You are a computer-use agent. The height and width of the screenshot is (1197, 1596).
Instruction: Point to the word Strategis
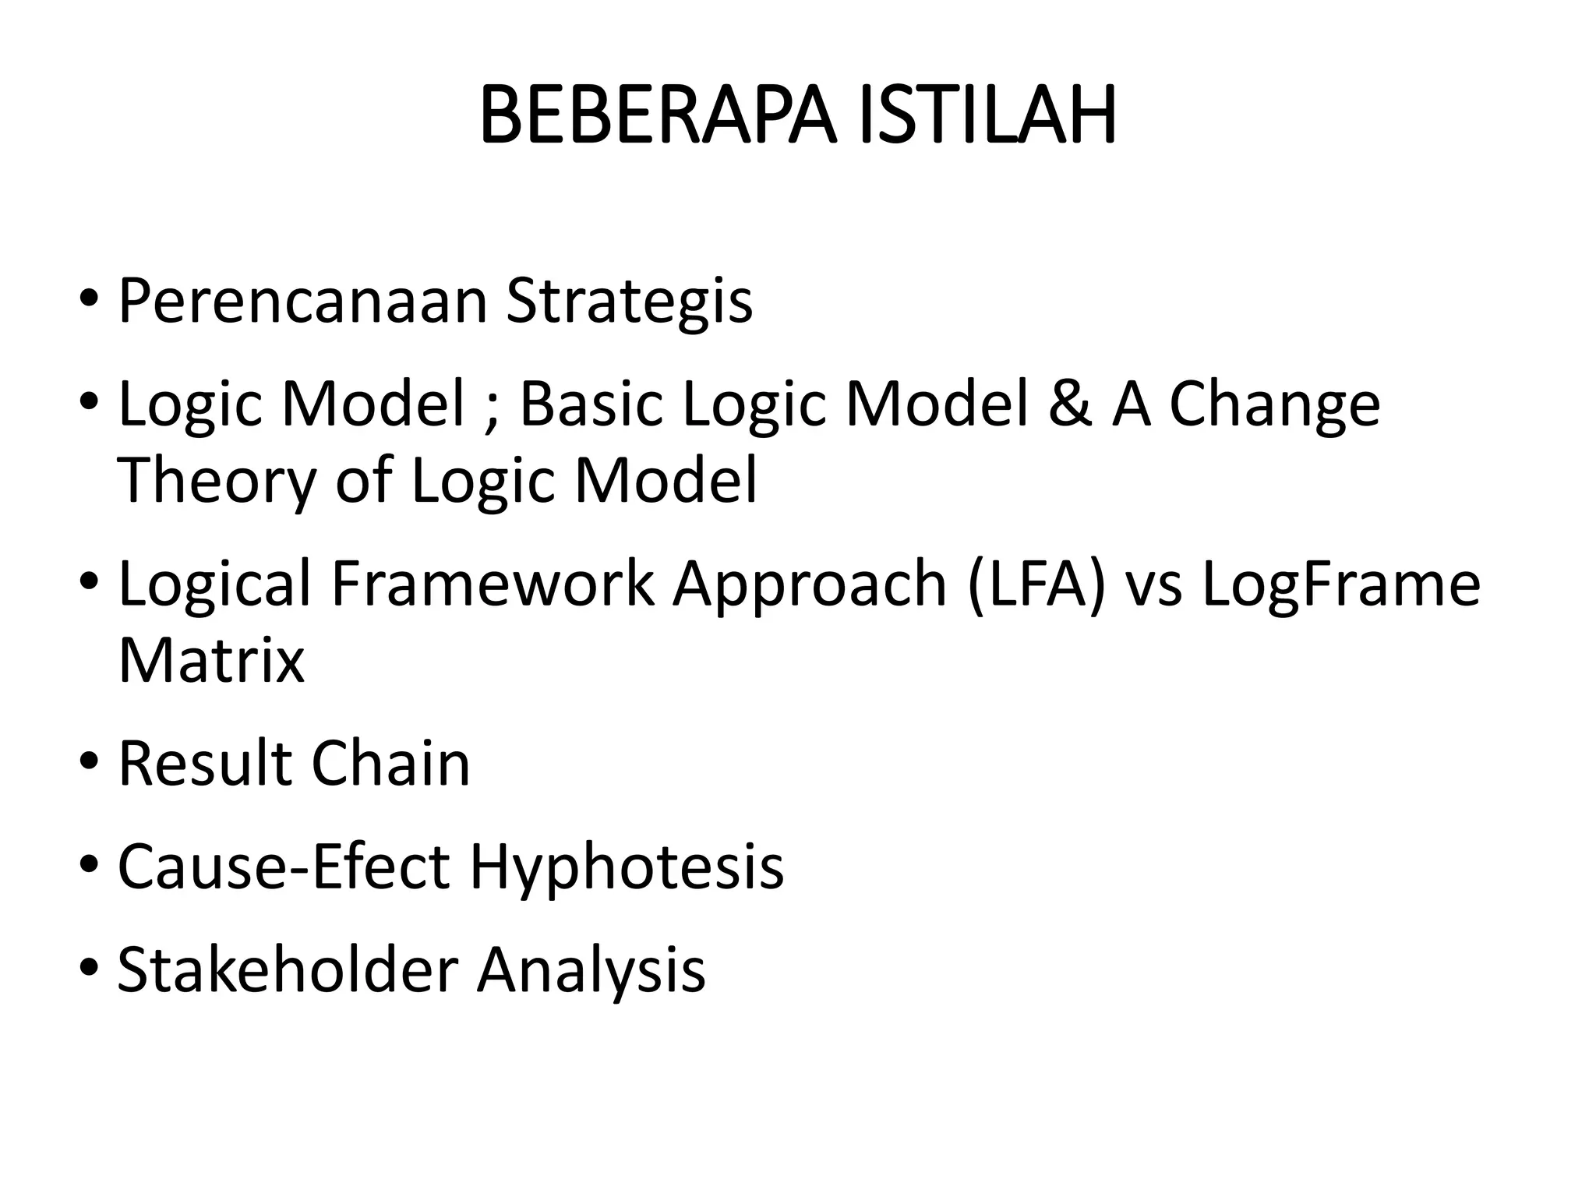(630, 302)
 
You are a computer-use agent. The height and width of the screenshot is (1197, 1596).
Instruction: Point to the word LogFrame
(1340, 585)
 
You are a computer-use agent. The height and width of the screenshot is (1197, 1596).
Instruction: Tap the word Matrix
(211, 661)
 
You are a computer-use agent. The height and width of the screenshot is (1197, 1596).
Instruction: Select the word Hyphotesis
(627, 868)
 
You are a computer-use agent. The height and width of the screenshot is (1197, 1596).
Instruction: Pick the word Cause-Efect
(284, 867)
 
